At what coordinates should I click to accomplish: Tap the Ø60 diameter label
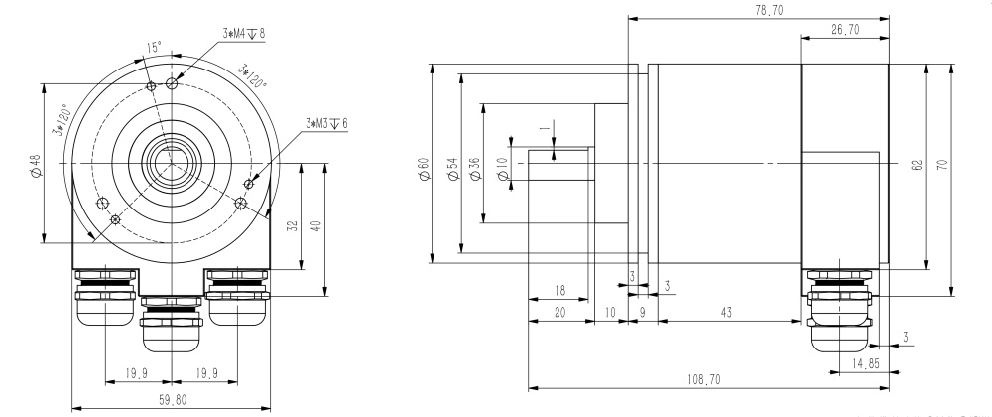pos(424,170)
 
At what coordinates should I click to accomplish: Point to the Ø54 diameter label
pos(452,170)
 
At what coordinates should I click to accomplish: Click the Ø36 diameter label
pos(475,170)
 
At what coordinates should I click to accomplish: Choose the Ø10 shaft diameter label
pos(502,170)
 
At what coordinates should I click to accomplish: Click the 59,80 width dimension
pos(172,399)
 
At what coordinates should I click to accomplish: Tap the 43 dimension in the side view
pos(727,313)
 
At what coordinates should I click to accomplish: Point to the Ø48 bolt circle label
pos(36,165)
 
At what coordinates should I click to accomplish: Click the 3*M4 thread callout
pos(243,32)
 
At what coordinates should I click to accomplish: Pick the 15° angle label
pos(153,48)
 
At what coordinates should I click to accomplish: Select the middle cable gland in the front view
pos(172,325)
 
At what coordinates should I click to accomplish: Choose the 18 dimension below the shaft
pos(559,292)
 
